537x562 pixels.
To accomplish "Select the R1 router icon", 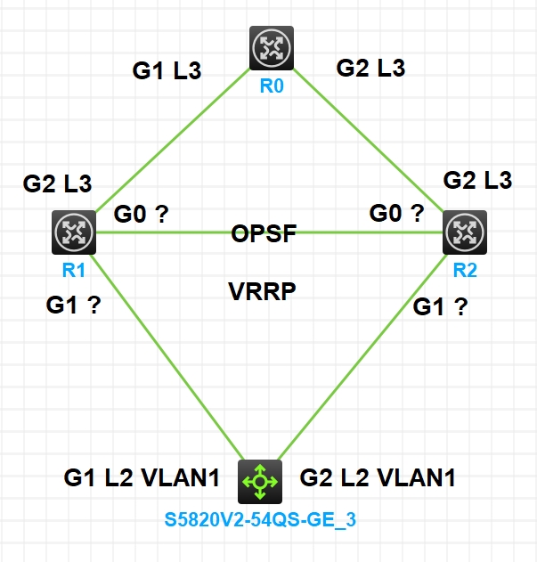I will tap(73, 232).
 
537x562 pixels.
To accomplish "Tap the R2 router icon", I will tap(464, 233).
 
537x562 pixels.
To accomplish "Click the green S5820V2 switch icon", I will tap(260, 482).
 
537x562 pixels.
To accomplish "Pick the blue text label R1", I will tap(74, 270).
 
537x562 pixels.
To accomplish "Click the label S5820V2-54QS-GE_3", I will tap(259, 519).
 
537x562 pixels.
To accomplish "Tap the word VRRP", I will tap(263, 292).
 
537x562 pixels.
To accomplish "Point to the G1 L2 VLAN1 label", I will tap(142, 478).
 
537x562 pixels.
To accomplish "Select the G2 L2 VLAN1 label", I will tap(378, 478).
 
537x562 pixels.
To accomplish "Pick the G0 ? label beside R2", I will tap(396, 214).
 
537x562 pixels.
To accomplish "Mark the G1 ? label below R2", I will tap(441, 307).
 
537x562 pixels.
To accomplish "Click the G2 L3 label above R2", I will tap(477, 180).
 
